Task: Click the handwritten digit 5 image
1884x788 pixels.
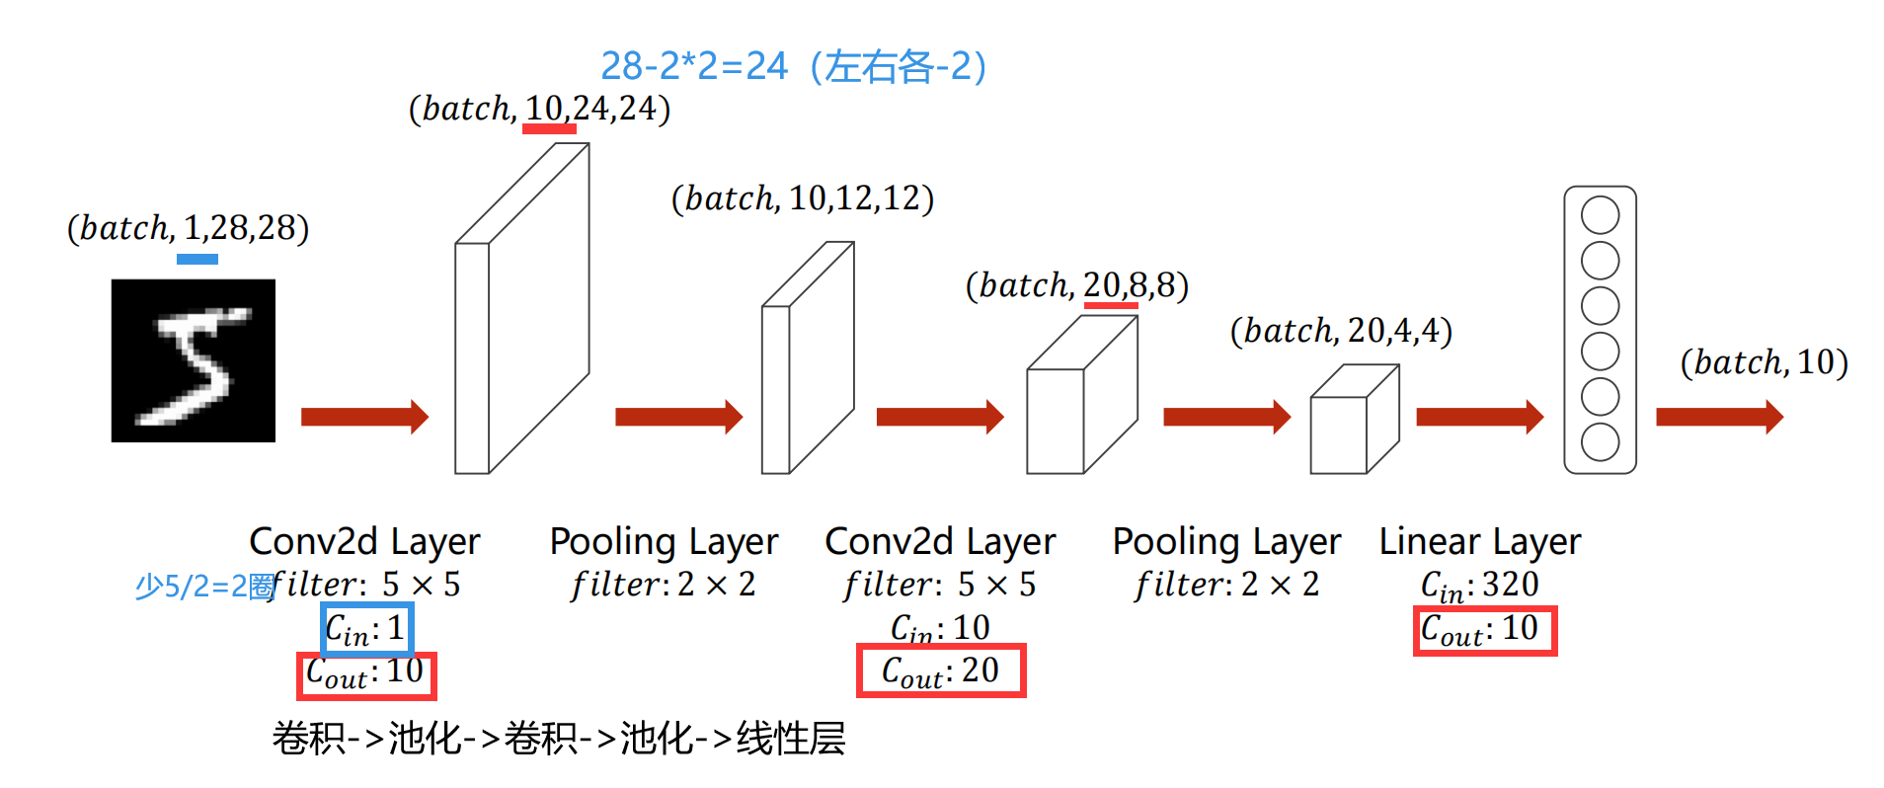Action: point(193,360)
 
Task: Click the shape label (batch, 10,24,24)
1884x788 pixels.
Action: point(539,108)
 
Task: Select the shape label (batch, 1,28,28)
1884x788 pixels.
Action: point(188,228)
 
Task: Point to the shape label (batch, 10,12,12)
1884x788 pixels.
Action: point(802,198)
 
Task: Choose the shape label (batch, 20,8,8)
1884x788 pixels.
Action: point(1076,285)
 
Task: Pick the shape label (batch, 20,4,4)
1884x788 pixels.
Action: point(1341,331)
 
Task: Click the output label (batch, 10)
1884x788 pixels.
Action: point(1764,362)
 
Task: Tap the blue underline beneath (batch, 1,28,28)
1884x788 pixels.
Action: point(197,259)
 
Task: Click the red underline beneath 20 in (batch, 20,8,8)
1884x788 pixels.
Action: point(1111,305)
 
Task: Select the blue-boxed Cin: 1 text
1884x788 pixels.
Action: point(366,629)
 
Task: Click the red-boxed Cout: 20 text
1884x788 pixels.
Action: point(940,671)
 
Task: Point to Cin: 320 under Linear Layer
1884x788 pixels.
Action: point(1479,586)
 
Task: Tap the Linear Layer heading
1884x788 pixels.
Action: point(1479,541)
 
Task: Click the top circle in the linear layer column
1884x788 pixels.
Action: point(1600,215)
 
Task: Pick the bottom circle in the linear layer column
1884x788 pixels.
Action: point(1600,442)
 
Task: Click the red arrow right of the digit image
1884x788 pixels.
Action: point(364,417)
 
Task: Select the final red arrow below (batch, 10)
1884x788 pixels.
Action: point(1719,417)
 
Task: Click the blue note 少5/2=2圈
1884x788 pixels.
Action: point(204,587)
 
